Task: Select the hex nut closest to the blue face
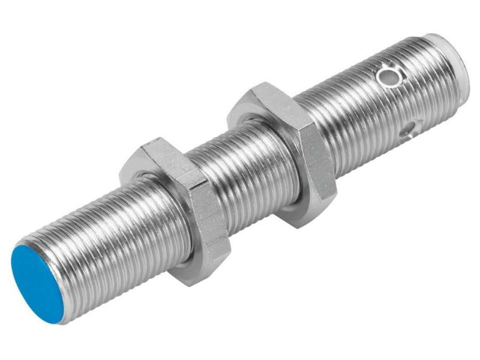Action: (180, 210)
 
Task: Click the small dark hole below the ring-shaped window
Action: (409, 128)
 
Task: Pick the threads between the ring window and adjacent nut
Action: (348, 120)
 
